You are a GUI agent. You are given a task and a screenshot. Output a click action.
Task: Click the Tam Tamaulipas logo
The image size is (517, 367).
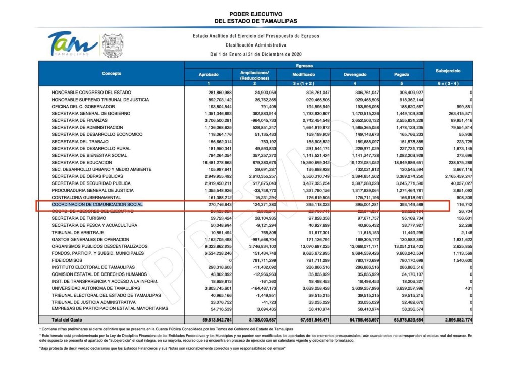pyautogui.click(x=72, y=44)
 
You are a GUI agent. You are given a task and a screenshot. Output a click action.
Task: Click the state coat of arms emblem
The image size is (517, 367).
pyautogui.click(x=113, y=46)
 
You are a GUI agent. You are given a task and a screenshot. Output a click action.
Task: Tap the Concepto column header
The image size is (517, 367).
pyautogui.click(x=111, y=74)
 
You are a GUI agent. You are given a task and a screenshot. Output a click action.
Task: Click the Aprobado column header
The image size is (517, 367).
pyautogui.click(x=209, y=75)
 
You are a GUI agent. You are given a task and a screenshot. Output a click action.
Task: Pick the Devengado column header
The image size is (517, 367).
pyautogui.click(x=355, y=75)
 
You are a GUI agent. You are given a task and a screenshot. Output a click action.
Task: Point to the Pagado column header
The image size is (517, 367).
pyautogui.click(x=401, y=75)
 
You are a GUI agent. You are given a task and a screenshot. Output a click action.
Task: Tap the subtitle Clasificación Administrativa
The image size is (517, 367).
pyautogui.click(x=256, y=44)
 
